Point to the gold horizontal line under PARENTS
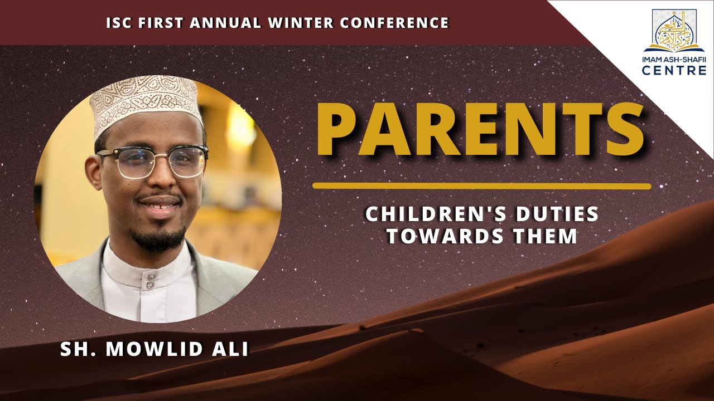coord(481,186)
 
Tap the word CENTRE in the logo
coord(674,71)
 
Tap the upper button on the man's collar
coord(149,275)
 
